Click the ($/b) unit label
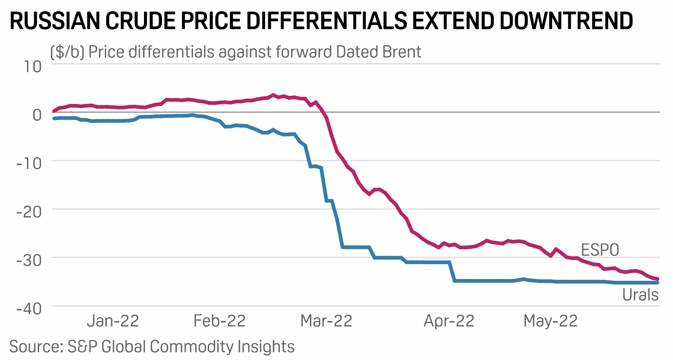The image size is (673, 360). (67, 52)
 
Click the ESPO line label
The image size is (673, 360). (600, 251)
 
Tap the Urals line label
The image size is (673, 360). (640, 296)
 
